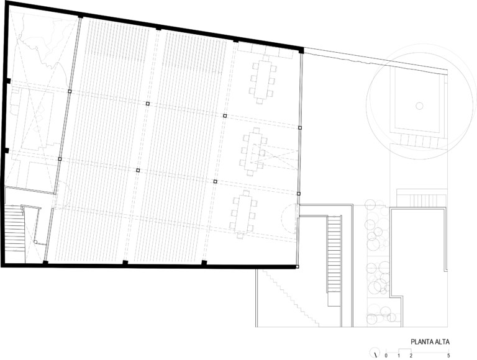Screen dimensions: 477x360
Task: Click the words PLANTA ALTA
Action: coord(430,342)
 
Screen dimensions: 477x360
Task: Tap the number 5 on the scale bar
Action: coord(448,356)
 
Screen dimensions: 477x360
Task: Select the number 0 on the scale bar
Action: coord(386,356)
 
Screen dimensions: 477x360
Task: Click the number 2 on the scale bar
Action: coord(411,356)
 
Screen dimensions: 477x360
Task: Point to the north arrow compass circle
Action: coord(375,353)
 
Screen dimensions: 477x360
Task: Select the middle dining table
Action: coord(253,151)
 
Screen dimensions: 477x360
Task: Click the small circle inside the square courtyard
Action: coord(419,106)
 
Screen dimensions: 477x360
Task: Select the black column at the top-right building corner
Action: coord(301,50)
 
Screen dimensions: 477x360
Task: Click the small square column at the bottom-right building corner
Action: coord(298,267)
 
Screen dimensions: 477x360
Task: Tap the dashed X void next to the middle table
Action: coord(275,155)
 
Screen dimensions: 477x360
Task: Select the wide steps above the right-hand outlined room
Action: coord(421,199)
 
